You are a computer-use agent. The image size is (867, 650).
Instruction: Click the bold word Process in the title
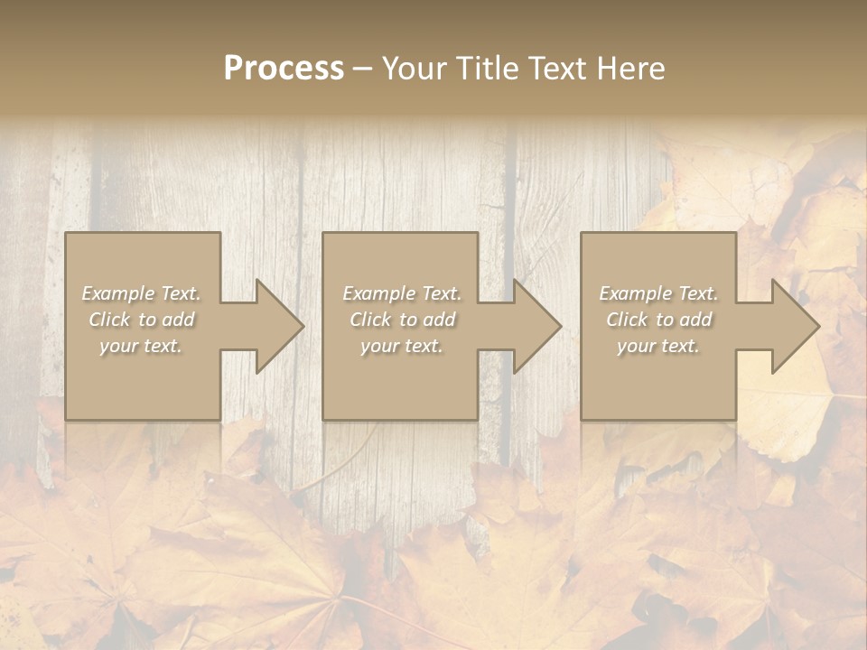tap(284, 69)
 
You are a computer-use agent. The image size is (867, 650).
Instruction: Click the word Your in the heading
tap(417, 69)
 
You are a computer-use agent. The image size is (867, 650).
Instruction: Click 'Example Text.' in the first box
tap(142, 293)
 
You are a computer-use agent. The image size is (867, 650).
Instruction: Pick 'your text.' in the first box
tap(142, 346)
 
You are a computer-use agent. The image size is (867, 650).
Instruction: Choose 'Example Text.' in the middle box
tap(402, 293)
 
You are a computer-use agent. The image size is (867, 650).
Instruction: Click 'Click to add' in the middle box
tap(402, 320)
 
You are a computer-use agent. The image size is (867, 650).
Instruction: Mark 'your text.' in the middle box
tap(402, 346)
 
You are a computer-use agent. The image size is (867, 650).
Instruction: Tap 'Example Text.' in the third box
tap(658, 293)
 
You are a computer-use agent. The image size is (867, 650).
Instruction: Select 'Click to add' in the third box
tap(658, 320)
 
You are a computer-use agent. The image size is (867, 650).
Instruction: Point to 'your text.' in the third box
tap(658, 346)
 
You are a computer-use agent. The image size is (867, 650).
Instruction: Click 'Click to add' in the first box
tap(142, 320)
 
